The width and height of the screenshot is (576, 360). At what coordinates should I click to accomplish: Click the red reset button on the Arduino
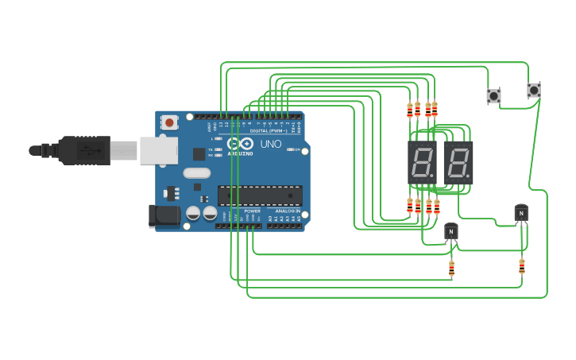tap(169, 122)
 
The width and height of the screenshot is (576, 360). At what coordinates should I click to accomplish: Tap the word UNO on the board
tap(271, 144)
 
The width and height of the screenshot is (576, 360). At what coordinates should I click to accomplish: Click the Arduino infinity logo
tap(245, 144)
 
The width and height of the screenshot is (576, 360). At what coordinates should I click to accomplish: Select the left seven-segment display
tap(422, 163)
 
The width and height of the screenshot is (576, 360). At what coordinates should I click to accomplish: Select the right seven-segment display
tap(458, 163)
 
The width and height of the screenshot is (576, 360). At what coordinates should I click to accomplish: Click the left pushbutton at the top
tap(493, 95)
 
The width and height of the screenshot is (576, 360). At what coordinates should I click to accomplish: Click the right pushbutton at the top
tap(534, 91)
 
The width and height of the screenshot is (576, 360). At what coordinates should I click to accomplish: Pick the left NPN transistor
tap(451, 230)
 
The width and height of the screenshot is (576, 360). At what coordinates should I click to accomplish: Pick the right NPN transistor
tap(520, 212)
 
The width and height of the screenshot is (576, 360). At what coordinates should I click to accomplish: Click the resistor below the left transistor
tap(451, 269)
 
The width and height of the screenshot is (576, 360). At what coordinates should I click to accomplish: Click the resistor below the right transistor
tap(521, 266)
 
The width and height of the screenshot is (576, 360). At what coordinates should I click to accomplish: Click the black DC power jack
tap(163, 215)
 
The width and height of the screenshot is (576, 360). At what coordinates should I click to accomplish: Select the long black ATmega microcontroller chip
tap(260, 195)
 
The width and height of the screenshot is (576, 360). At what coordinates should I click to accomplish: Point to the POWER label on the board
tap(252, 211)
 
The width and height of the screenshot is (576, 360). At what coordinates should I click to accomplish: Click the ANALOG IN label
tap(287, 211)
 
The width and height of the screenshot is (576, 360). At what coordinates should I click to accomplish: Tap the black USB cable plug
tap(79, 149)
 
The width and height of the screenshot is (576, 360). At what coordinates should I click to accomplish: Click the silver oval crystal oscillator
tap(196, 172)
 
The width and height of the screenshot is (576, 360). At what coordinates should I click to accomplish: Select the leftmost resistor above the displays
tap(410, 110)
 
